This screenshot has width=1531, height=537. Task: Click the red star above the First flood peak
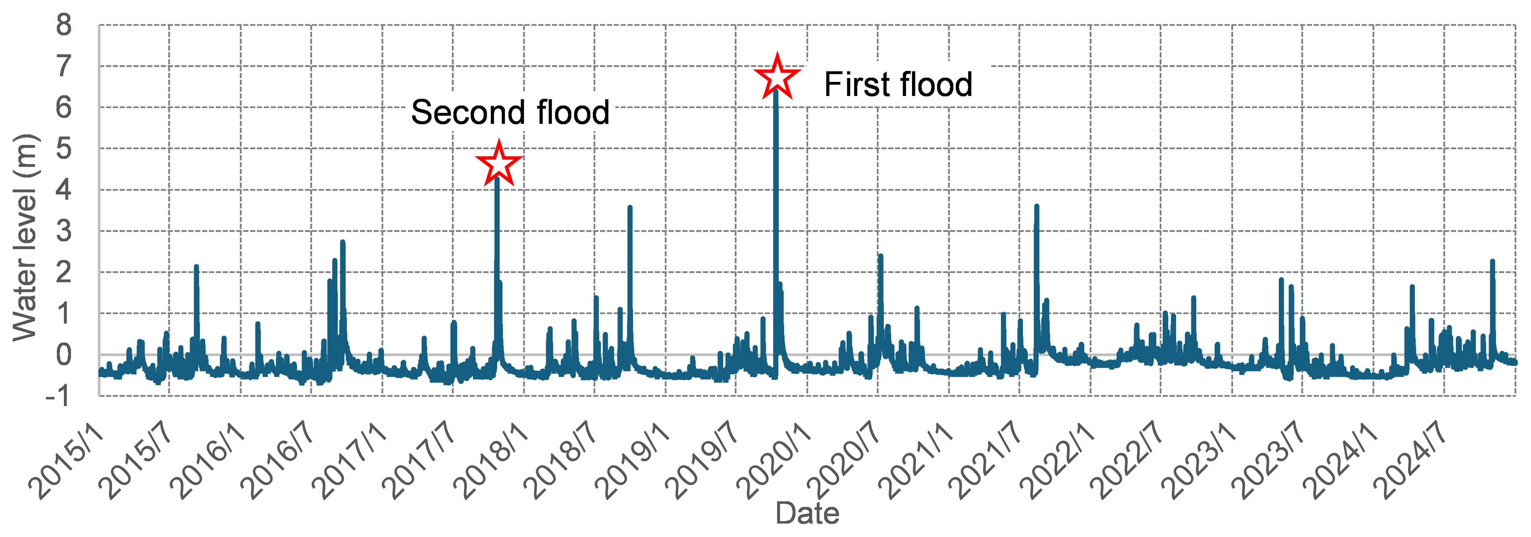point(777,77)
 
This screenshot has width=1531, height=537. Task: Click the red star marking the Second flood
point(499,163)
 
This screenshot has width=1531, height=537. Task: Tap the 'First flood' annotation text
point(897,84)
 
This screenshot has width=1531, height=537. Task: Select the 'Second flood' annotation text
point(510,112)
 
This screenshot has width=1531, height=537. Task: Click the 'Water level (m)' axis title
point(25,238)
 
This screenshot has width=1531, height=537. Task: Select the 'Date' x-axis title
point(807,513)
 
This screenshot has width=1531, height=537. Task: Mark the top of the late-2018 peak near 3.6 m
point(630,207)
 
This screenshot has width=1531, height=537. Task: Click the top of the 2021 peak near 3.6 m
point(1037,206)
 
